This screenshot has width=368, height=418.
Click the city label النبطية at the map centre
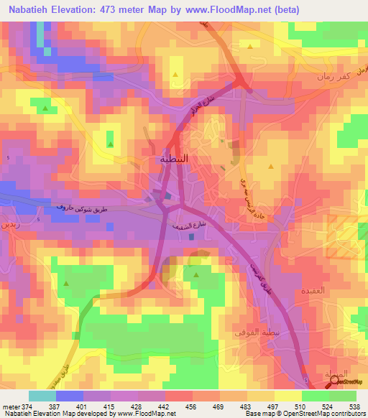click(172, 159)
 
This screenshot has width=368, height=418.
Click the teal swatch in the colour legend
click(42, 396)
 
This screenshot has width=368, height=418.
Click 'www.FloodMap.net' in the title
click(224, 9)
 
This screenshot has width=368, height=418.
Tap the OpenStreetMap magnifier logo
click(335, 383)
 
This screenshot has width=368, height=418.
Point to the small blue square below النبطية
click(167, 195)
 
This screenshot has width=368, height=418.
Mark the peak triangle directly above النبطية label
click(175, 73)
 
